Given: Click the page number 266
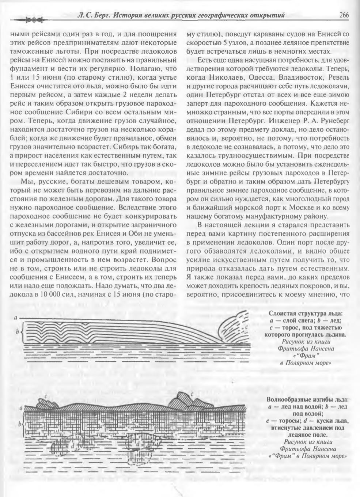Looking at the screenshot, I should [344, 15].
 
